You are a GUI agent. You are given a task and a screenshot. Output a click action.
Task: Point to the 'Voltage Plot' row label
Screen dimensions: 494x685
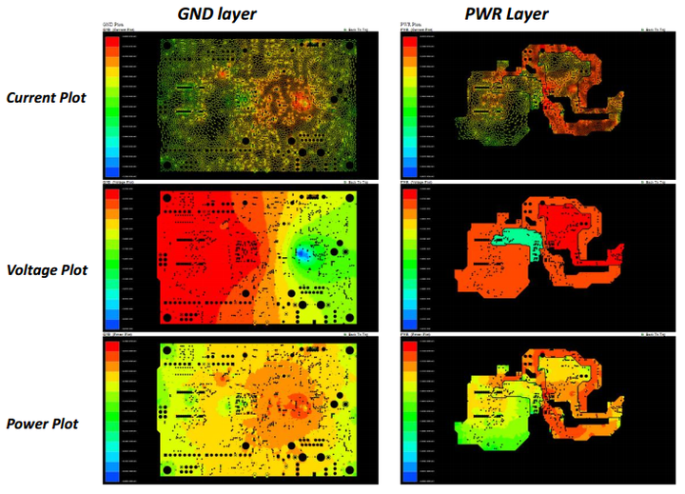(x=45, y=269)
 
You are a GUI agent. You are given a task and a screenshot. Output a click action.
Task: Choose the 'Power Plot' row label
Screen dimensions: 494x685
(x=45, y=421)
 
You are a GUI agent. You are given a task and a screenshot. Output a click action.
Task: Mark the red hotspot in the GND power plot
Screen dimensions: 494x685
(x=303, y=404)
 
